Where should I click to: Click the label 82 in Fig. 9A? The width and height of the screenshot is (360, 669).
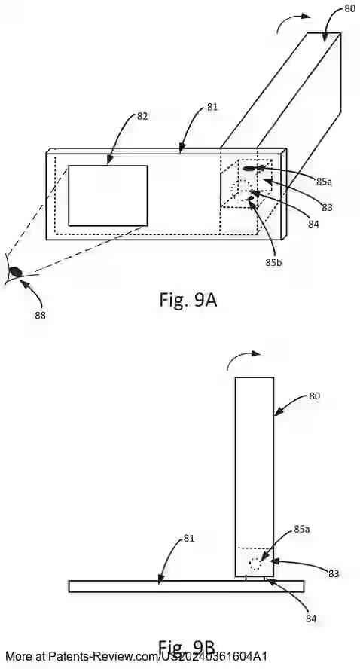pyautogui.click(x=142, y=116)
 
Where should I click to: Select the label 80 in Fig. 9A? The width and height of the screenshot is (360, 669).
pyautogui.click(x=349, y=9)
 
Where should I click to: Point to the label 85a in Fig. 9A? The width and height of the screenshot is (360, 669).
pyautogui.click(x=324, y=182)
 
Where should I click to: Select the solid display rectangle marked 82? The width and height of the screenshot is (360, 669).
pyautogui.click(x=108, y=195)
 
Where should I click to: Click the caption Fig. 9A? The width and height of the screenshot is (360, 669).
pyautogui.click(x=188, y=300)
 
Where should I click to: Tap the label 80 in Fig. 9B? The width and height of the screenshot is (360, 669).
pyautogui.click(x=314, y=395)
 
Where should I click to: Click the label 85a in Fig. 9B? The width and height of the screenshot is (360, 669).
pyautogui.click(x=302, y=530)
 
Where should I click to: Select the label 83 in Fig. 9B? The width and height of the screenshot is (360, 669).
pyautogui.click(x=333, y=573)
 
